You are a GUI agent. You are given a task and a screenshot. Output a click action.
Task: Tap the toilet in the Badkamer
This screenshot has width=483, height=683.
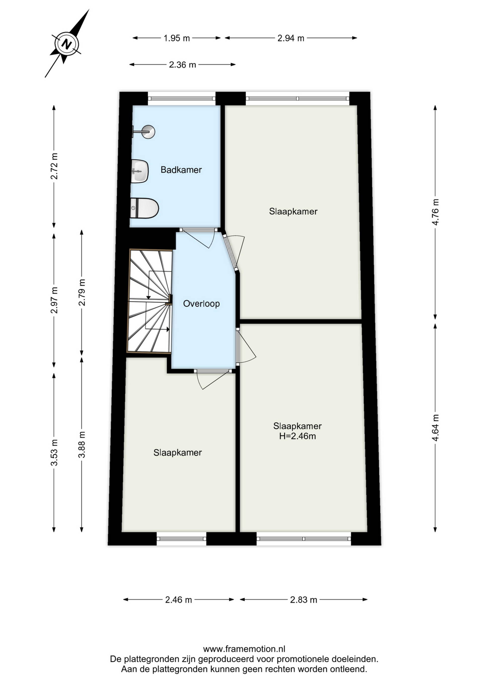144,208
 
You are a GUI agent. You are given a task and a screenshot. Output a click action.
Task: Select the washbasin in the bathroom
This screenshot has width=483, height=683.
139,171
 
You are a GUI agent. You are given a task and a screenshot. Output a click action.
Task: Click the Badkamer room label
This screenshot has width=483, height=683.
181,170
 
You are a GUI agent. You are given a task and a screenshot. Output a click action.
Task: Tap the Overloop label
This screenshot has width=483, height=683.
201,304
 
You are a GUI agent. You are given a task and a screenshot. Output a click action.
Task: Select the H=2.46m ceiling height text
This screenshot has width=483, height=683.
297,436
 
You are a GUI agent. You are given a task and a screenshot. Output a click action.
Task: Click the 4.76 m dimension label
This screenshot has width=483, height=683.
435,212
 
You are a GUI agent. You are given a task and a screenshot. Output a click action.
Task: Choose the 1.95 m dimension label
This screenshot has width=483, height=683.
177,38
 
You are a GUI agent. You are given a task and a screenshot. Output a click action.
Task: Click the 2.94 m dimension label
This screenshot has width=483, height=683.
291,38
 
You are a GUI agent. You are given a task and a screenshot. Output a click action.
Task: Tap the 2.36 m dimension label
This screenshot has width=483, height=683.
183,65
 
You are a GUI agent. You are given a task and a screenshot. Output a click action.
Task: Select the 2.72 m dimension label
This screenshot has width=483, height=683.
54,166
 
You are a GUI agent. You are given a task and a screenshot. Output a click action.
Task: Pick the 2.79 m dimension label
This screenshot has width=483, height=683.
82,292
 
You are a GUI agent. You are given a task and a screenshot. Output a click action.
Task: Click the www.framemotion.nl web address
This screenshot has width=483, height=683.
244,649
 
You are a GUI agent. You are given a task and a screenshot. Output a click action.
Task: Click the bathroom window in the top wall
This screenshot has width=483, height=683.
181,98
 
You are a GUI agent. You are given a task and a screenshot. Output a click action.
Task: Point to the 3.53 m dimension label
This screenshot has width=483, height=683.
54,452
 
